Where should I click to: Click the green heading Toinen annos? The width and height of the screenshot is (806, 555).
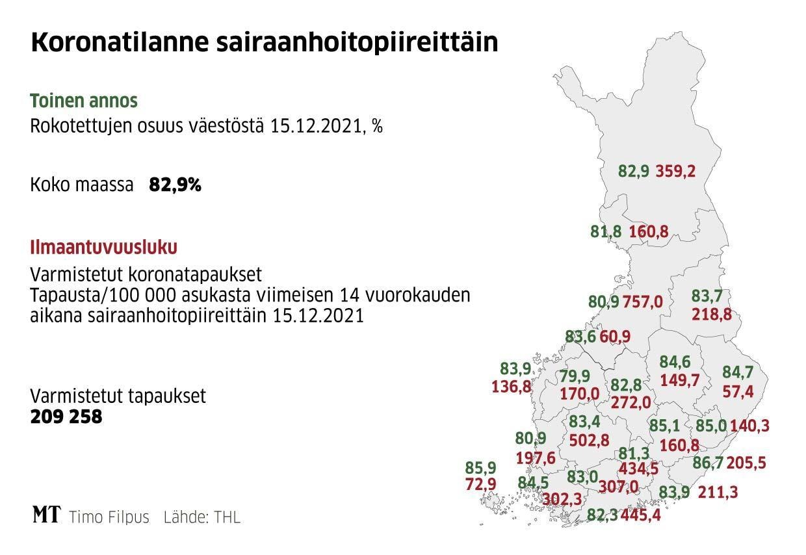point(84,101)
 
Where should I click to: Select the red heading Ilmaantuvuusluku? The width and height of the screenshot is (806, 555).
point(104,248)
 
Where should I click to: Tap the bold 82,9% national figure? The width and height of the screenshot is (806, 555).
point(175,185)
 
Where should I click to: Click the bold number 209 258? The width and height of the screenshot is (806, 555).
point(66,417)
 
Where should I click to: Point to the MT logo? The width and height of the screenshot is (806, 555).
point(46,516)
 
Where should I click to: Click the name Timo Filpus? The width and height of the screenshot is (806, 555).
point(109,518)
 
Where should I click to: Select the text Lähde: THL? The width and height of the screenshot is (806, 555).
point(201,518)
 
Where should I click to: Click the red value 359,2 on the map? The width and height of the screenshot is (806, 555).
point(675,171)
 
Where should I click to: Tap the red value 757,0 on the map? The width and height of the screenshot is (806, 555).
point(643,302)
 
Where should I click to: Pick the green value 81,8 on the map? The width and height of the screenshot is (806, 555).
point(606,231)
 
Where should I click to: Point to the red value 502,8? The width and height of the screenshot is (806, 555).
point(589,440)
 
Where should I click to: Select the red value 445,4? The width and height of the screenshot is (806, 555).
point(641,516)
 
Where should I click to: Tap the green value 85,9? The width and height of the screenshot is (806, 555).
point(481,467)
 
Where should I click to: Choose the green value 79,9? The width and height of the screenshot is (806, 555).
point(575,376)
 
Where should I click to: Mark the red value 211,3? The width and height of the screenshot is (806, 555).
point(718,493)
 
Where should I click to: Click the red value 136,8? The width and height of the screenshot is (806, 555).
point(512,387)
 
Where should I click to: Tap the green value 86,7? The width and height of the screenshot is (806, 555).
point(707,463)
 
